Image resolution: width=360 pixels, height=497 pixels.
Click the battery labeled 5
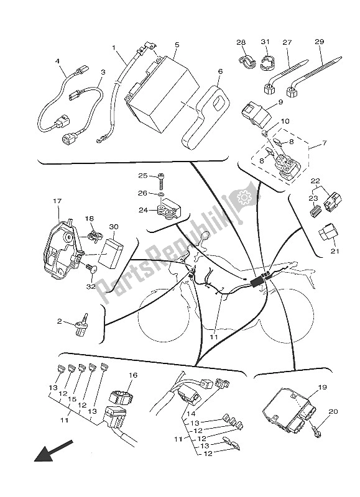[161, 93]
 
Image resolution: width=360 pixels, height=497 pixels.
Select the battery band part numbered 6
[205, 117]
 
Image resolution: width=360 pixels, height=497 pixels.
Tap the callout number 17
[57, 201]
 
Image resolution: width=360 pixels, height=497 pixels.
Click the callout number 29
[319, 42]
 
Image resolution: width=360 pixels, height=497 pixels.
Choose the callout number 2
[60, 321]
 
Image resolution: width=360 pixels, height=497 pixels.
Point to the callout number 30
[113, 226]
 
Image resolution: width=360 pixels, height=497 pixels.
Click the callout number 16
[133, 375]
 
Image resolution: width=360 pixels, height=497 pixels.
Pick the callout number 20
[333, 411]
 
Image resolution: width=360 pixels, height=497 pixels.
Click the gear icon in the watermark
[244, 198]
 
